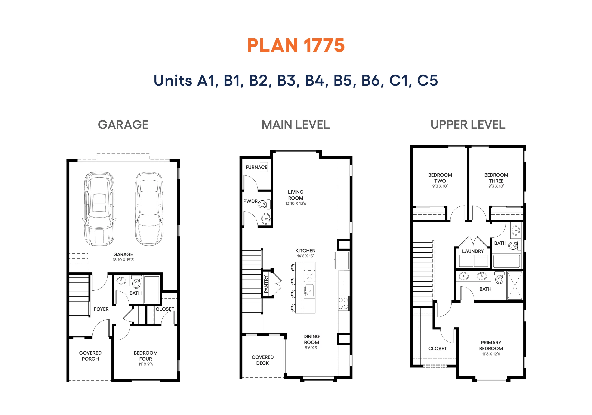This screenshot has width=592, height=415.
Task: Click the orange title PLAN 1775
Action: coord(296,45)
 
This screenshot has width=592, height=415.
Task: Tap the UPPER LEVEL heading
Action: coord(468,125)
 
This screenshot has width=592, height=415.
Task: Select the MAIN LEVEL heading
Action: coord(296,125)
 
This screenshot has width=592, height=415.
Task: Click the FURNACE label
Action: coord(256,167)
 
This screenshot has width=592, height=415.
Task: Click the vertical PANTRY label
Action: coord(266,284)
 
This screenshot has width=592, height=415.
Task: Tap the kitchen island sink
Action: coord(309,291)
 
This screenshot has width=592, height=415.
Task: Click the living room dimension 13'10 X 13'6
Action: coord(296,203)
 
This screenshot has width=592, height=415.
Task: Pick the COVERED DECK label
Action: coord(262,360)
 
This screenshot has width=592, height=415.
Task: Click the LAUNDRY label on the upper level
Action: coord(473,251)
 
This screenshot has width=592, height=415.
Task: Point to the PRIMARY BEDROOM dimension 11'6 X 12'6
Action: coord(491,354)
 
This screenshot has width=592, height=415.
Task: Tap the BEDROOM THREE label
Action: coord(496,178)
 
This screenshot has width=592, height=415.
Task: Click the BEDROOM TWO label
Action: coord(440,178)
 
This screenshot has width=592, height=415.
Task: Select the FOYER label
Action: coord(101,309)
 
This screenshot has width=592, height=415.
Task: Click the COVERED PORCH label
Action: coord(90,356)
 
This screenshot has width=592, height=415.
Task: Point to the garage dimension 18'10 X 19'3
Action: coord(123,260)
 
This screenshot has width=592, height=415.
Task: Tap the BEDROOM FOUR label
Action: coord(145,356)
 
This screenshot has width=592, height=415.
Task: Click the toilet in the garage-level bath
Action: coord(136,282)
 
